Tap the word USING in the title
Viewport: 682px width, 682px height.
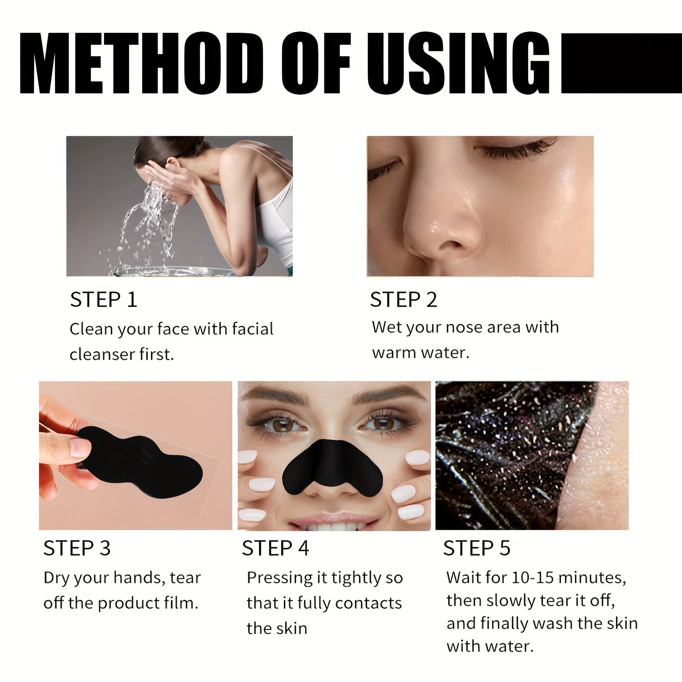point(458,63)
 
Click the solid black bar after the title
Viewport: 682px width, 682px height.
point(621,63)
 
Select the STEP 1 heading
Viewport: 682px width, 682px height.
point(104,300)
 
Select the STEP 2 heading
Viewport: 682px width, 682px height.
point(404,300)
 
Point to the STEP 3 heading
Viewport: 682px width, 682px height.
point(77,548)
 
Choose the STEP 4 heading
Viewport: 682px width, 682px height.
point(275,548)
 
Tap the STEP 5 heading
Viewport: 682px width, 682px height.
point(477,548)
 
